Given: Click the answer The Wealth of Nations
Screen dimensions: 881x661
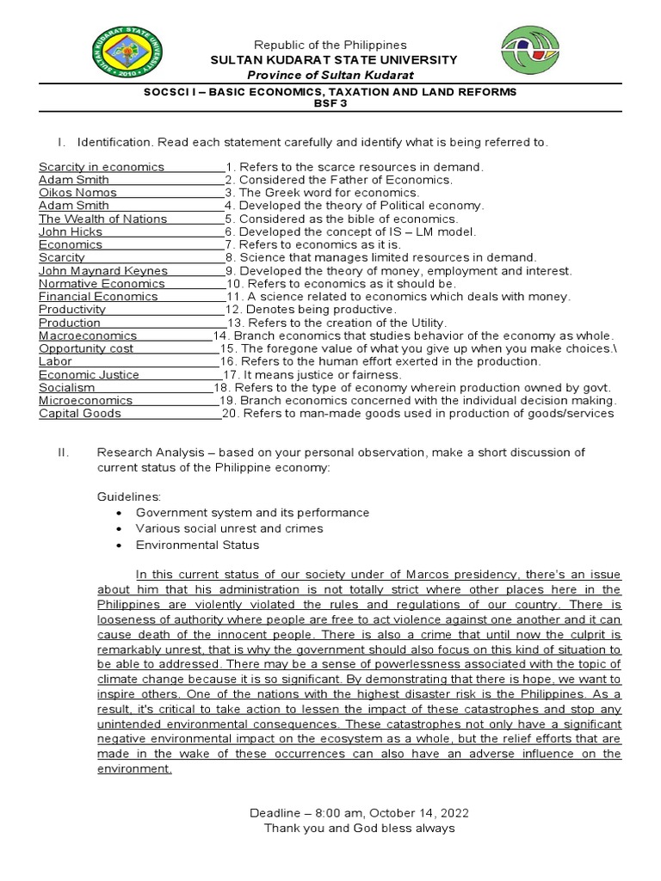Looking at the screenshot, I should coord(102,219).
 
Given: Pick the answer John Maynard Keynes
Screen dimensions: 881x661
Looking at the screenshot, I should coord(102,270).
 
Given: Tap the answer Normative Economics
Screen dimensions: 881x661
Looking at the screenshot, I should coord(102,283).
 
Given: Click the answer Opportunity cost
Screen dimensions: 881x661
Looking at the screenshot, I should coord(86,348).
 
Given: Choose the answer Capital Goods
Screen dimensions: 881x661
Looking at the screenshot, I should coord(80,413).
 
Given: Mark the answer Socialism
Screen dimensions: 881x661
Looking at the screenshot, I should coord(66,387).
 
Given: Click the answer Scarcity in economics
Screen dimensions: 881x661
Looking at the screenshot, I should coord(102,167).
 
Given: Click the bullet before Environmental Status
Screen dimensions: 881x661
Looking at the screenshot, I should coord(118,545).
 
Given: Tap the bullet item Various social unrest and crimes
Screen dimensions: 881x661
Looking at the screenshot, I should coord(229,528).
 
